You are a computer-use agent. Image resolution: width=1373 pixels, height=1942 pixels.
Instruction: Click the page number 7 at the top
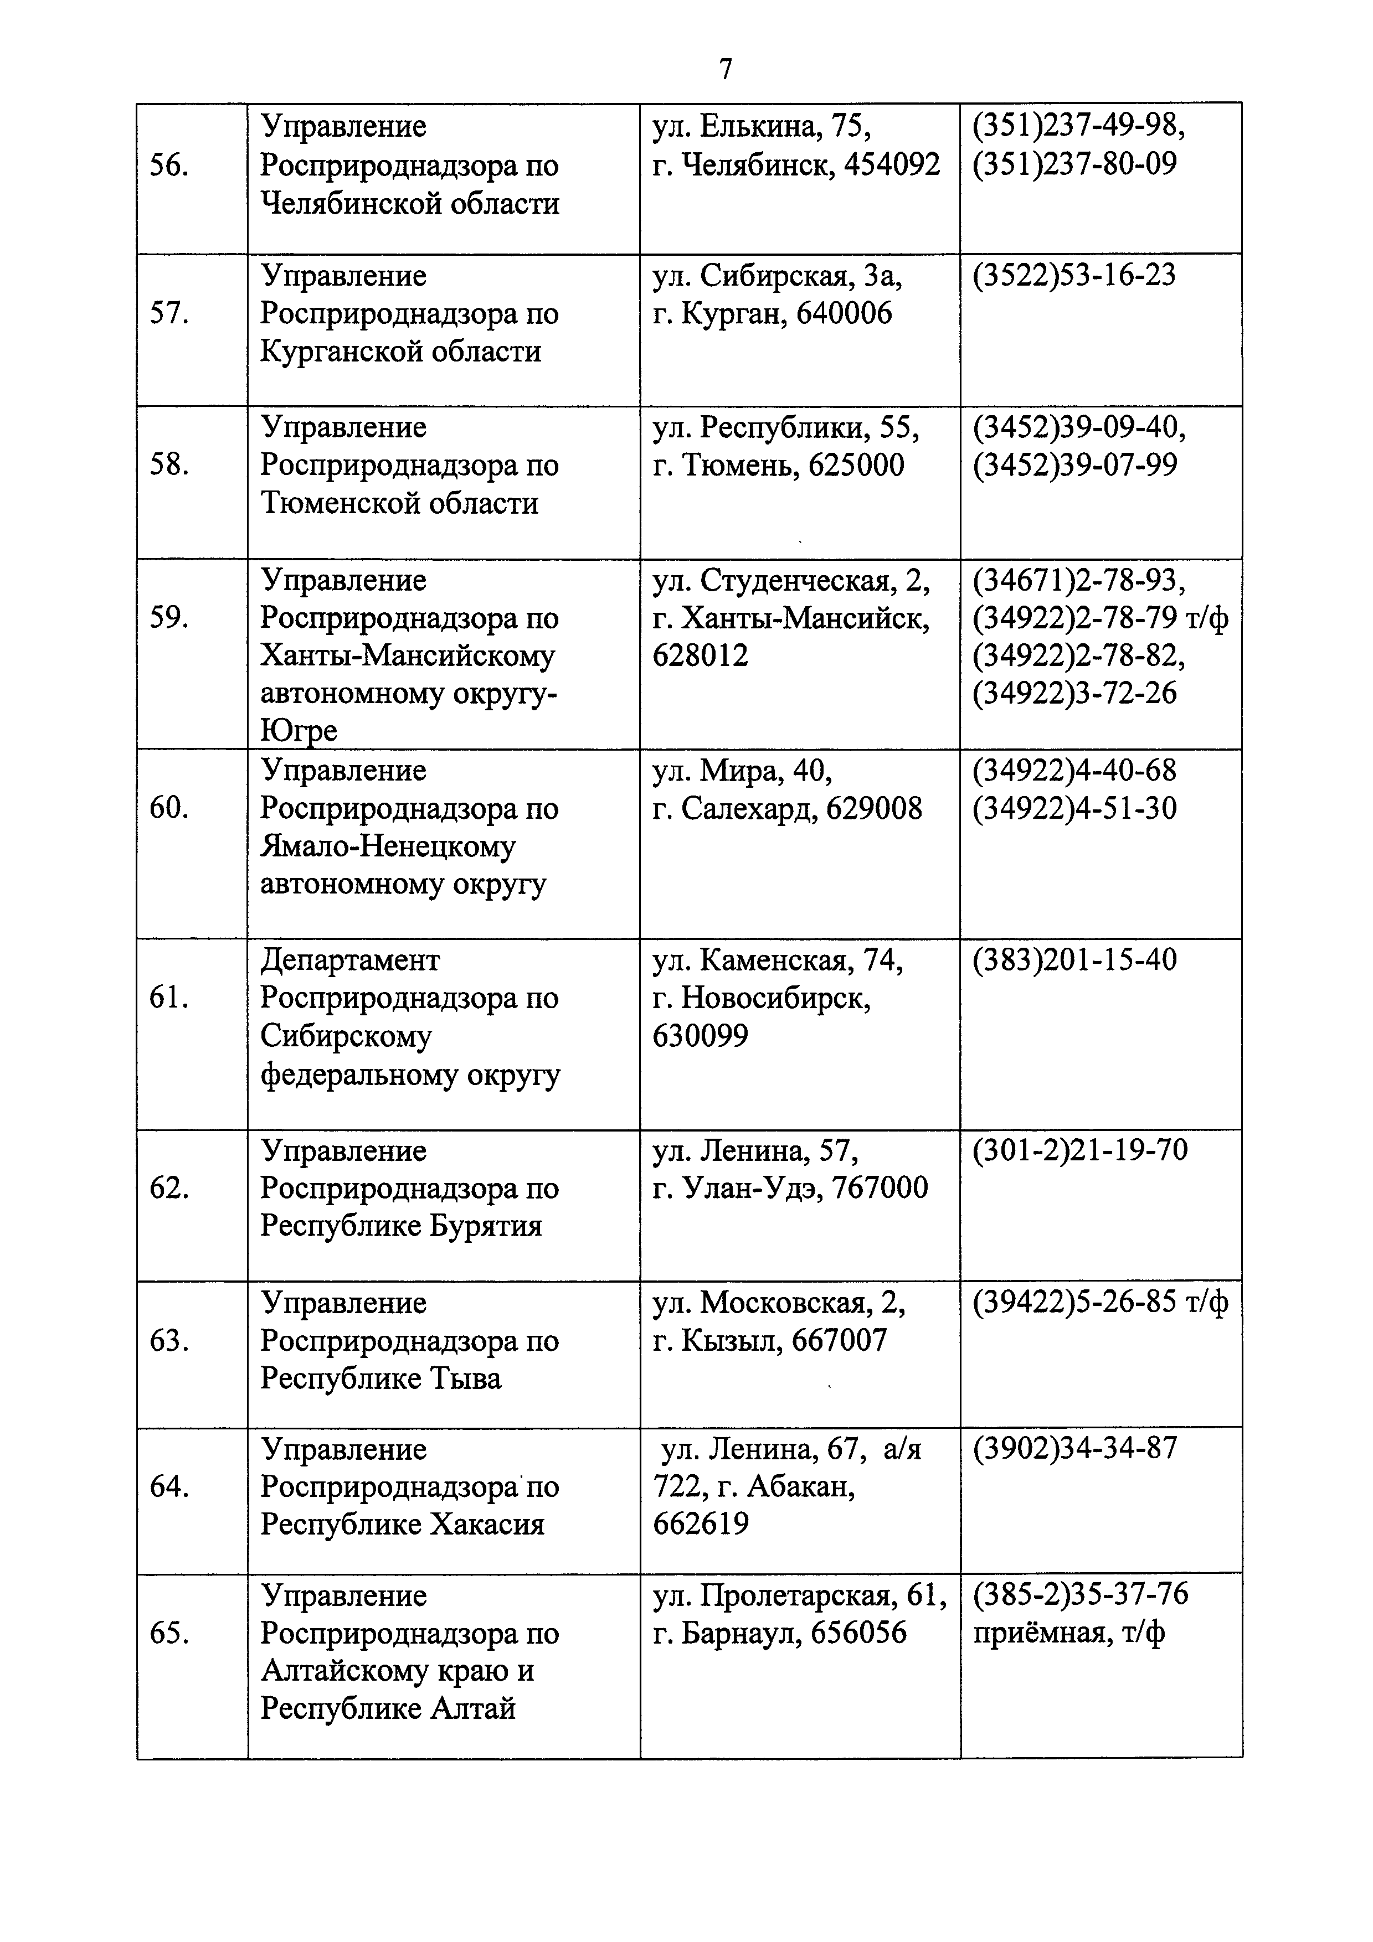(725, 69)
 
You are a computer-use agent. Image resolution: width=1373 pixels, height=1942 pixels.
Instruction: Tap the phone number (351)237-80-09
(1074, 164)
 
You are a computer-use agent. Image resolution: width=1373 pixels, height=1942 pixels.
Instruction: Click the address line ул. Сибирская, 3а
(777, 276)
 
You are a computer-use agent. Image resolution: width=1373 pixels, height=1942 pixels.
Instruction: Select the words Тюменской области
(399, 503)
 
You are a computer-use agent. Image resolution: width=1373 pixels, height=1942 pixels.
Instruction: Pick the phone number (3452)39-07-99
(1074, 465)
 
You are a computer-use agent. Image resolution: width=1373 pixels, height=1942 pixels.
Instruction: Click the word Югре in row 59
(299, 731)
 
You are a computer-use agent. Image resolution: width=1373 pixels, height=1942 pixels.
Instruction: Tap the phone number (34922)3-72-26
(1074, 694)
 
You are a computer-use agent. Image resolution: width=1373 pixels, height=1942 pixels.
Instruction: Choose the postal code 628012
(701, 655)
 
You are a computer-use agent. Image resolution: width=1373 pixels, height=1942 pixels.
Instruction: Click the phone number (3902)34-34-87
(1074, 1448)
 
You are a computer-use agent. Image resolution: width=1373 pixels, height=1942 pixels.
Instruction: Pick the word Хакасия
(487, 1524)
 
